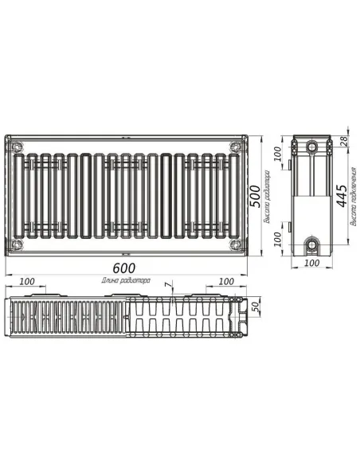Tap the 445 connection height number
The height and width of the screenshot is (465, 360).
tap(341, 193)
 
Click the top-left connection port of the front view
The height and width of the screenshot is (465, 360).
tap(18, 146)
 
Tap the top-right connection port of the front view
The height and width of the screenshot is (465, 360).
tap(234, 146)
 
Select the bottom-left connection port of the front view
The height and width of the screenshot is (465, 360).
tap(18, 244)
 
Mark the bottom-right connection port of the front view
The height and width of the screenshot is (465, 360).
tap(234, 244)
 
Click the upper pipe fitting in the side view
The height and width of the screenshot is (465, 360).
tap(312, 147)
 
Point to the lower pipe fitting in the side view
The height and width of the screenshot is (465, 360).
tap(312, 242)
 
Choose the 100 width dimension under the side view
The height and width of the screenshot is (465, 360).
tap(311, 262)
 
